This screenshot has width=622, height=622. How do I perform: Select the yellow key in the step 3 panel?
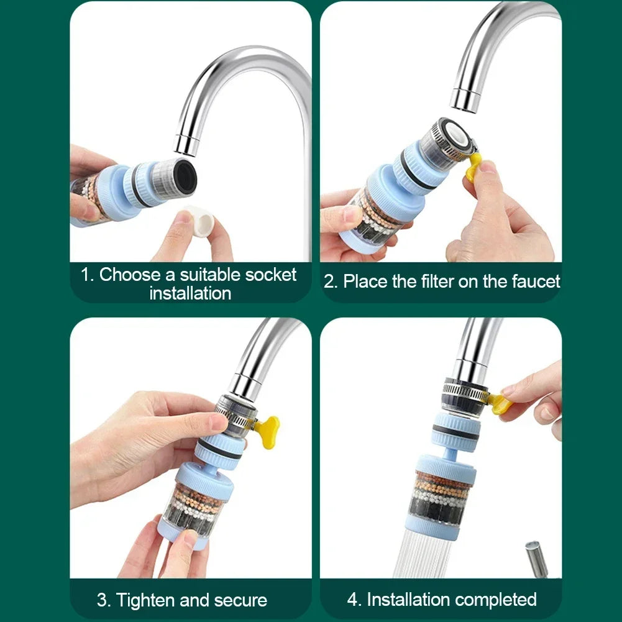tap(268, 431)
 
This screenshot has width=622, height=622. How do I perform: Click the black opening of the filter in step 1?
tap(185, 176)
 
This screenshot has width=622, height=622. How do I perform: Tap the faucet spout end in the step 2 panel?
tap(465, 101)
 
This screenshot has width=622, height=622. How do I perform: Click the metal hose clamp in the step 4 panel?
tap(465, 392)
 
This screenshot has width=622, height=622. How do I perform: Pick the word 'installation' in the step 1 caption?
tap(190, 293)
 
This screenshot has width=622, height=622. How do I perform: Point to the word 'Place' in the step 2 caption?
tap(365, 281)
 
